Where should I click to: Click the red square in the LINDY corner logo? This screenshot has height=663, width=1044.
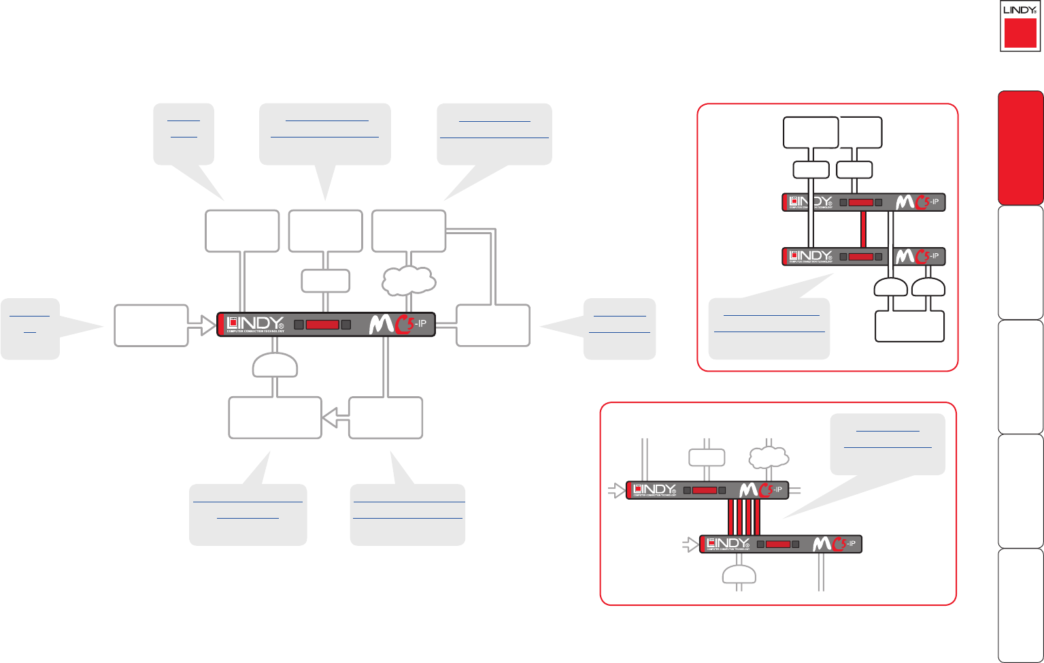[1020, 33]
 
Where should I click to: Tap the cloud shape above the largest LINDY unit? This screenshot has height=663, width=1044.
[409, 280]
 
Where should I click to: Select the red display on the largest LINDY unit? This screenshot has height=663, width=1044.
[322, 325]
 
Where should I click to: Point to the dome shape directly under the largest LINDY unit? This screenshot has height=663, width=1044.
[275, 366]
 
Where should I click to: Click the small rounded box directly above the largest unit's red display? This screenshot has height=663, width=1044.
[326, 280]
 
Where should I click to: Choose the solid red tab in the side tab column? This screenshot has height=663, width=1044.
[1020, 148]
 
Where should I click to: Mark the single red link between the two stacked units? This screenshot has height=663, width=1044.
[863, 229]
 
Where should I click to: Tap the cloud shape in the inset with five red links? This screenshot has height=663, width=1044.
[769, 457]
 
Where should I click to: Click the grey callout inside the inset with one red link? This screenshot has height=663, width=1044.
[769, 327]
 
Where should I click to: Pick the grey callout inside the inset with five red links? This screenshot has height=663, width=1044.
[888, 443]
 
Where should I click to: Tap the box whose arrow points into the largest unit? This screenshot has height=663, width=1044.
[151, 326]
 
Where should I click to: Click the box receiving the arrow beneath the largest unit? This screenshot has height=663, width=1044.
[275, 418]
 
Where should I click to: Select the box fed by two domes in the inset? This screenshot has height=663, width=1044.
[910, 325]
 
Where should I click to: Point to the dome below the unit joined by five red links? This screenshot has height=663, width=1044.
[739, 577]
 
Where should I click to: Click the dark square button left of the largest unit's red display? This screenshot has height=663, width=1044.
[299, 325]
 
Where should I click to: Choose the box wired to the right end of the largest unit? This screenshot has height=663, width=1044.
[493, 325]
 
